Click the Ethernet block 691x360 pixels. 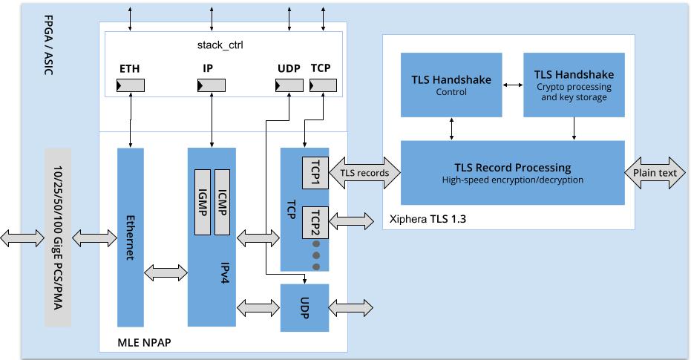130,238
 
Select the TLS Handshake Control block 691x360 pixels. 451,85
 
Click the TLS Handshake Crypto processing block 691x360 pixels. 574,85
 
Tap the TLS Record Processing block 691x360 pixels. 512,172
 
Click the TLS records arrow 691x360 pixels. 364,173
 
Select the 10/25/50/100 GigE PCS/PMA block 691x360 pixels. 58,238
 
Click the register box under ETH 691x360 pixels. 130,87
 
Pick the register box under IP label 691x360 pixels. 212,87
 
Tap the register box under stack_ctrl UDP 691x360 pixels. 289,87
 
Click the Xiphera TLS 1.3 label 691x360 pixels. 428,219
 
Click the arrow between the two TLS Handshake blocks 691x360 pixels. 512,85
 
